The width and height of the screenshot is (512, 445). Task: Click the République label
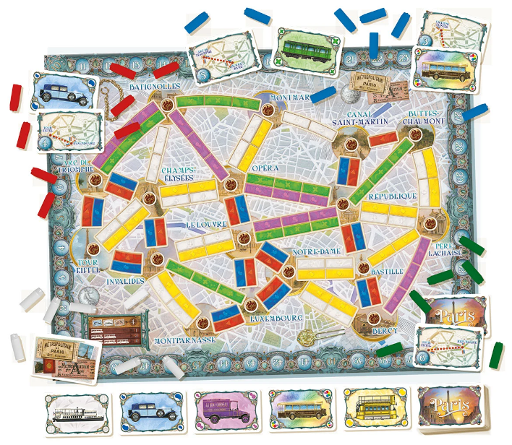[x=392, y=196]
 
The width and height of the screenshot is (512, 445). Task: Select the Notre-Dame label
[x=312, y=251]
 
